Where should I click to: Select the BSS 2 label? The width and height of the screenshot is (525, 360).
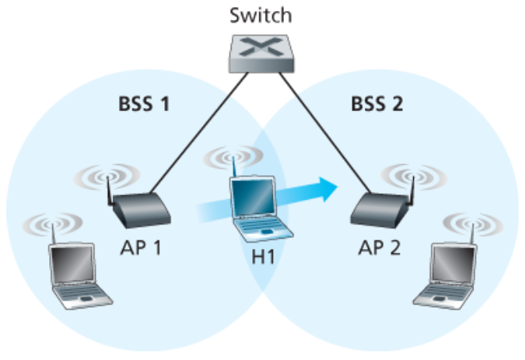378,104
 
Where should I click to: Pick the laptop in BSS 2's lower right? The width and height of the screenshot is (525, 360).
448,274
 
